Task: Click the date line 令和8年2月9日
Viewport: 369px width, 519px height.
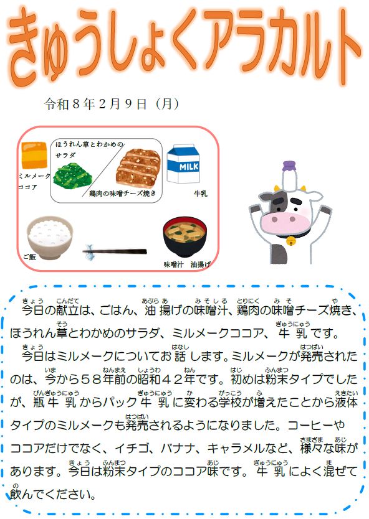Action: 96,104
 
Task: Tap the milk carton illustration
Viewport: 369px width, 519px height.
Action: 183,164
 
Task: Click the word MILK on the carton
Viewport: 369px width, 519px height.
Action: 189,167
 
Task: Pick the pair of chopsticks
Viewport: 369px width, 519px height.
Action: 115,251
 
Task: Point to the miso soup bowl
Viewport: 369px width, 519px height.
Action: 185,236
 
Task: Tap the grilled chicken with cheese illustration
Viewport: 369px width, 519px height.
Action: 138,167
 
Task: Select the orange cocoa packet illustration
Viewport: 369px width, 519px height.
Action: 34,155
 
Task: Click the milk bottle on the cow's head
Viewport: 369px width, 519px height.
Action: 289,176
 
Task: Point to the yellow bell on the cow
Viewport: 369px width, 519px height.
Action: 292,241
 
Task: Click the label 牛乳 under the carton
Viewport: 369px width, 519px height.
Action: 201,194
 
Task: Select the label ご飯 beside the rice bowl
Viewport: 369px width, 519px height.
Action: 29,256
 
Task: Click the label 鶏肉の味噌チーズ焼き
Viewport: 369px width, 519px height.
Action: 122,194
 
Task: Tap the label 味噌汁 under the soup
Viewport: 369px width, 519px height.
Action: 173,264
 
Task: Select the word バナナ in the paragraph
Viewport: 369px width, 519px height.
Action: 178,449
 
